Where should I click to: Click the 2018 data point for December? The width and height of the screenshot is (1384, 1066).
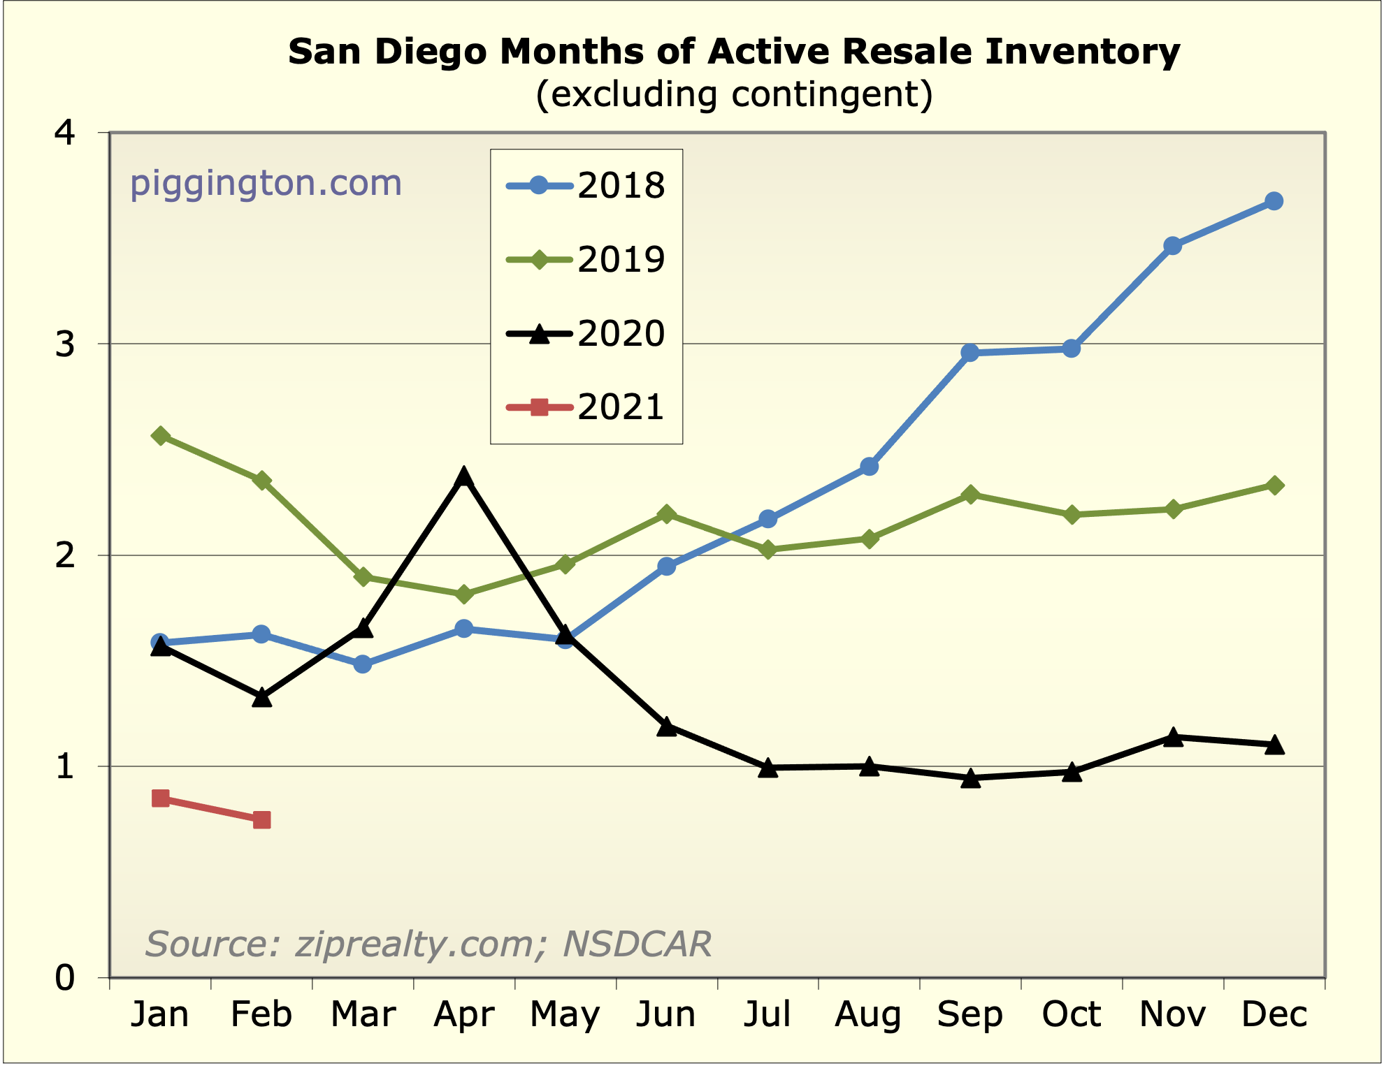(x=1274, y=201)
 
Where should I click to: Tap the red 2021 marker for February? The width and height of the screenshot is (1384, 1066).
(x=261, y=819)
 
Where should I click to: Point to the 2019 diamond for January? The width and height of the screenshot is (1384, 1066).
(x=160, y=436)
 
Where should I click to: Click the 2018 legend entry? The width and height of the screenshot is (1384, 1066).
(x=586, y=186)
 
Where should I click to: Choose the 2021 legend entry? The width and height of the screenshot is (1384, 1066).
(x=586, y=407)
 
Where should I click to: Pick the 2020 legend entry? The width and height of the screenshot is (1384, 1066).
(x=586, y=333)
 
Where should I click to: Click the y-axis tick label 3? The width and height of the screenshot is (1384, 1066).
(x=65, y=344)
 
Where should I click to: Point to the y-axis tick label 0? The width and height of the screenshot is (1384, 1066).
(x=65, y=978)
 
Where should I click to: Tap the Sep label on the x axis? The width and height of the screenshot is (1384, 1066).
(x=969, y=1014)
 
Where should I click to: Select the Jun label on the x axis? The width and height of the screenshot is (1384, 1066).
(x=665, y=1014)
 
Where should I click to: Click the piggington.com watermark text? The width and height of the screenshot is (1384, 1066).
(x=266, y=183)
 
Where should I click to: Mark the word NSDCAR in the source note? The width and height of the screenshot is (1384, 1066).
(x=637, y=944)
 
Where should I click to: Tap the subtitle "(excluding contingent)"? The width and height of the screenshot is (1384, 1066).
(x=734, y=94)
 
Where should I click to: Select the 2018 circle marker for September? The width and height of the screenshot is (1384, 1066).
(x=969, y=353)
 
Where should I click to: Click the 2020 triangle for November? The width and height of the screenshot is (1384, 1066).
(x=1173, y=738)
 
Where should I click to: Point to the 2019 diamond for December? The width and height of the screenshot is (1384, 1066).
(x=1274, y=485)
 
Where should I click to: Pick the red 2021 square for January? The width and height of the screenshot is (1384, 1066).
(x=160, y=798)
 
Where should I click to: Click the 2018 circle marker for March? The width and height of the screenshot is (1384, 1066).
(x=362, y=664)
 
